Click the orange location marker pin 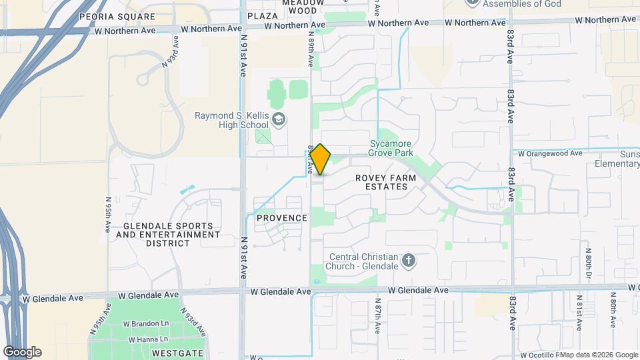pyautogui.click(x=320, y=159)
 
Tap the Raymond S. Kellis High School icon pyautogui.click(x=280, y=121)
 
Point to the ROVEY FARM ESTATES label pyautogui.click(x=385, y=182)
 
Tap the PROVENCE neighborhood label pyautogui.click(x=282, y=218)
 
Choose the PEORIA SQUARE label pyautogui.click(x=107, y=16)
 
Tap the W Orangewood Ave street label pyautogui.click(x=551, y=153)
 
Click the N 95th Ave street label pyautogui.click(x=107, y=214)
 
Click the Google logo pyautogui.click(x=22, y=352)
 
